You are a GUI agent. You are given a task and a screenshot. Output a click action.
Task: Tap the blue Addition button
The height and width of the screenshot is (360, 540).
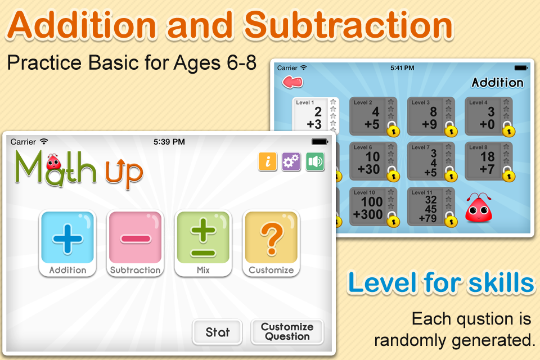[x=67, y=243]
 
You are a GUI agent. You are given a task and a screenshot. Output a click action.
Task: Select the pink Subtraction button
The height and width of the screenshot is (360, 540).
[x=136, y=243]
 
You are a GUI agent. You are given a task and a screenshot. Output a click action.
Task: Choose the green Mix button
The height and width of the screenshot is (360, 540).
[x=203, y=243]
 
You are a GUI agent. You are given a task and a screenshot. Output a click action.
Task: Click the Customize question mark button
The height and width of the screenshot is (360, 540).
[x=271, y=243]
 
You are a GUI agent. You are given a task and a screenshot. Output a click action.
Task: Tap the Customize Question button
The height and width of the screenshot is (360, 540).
[x=287, y=332]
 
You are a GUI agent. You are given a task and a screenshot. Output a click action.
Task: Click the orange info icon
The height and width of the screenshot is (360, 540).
[x=268, y=161]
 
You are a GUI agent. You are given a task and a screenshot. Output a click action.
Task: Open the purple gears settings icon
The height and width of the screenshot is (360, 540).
[x=291, y=161]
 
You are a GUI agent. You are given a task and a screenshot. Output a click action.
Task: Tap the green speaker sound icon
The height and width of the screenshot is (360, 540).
[x=315, y=161]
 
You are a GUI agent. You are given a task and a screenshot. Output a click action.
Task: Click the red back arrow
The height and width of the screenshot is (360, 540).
[x=292, y=82]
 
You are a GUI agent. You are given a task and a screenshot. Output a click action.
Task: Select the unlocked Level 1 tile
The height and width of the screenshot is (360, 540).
[x=316, y=115]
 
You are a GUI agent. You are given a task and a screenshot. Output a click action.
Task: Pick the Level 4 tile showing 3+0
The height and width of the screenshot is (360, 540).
[x=489, y=116]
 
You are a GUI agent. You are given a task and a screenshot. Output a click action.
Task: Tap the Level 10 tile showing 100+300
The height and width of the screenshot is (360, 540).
[x=373, y=206]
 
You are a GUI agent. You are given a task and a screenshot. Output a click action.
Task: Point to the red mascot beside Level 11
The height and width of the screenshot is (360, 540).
[x=479, y=208]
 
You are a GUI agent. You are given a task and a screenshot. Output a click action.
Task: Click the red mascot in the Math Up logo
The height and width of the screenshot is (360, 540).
[x=53, y=161]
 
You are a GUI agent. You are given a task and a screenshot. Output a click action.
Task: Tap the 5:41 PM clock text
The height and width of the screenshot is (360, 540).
[x=402, y=68]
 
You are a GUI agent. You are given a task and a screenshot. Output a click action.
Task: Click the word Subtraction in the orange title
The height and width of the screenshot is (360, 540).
[x=349, y=25]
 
